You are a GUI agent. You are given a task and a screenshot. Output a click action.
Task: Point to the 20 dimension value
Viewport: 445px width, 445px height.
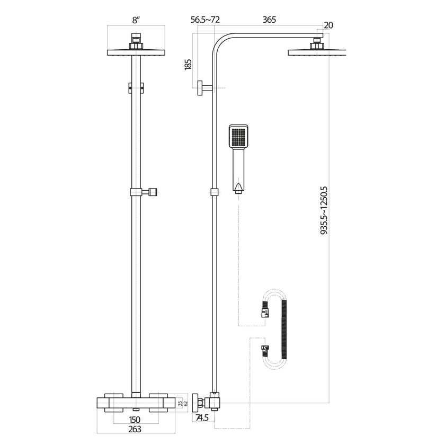coord(328,25)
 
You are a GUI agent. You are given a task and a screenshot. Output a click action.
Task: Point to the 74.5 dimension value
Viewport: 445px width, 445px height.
coord(202,419)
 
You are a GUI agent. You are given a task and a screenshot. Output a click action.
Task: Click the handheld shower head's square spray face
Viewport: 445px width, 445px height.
coord(238,137)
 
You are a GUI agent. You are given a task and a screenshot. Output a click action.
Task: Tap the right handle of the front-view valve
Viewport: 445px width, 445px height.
coord(162,403)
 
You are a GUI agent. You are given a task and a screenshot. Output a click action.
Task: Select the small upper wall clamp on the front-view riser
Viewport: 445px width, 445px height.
coord(136,88)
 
